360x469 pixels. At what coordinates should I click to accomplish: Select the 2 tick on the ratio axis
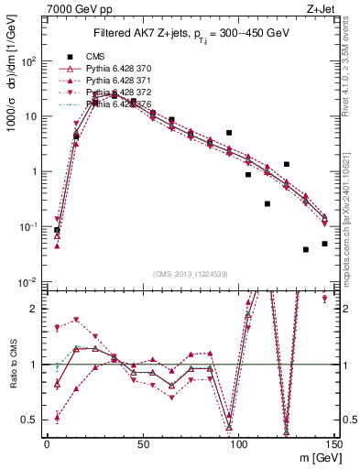[x=37, y=309]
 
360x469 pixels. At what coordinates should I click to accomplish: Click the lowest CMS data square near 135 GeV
[x=306, y=249]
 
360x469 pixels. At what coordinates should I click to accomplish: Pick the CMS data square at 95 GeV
[x=229, y=133]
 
